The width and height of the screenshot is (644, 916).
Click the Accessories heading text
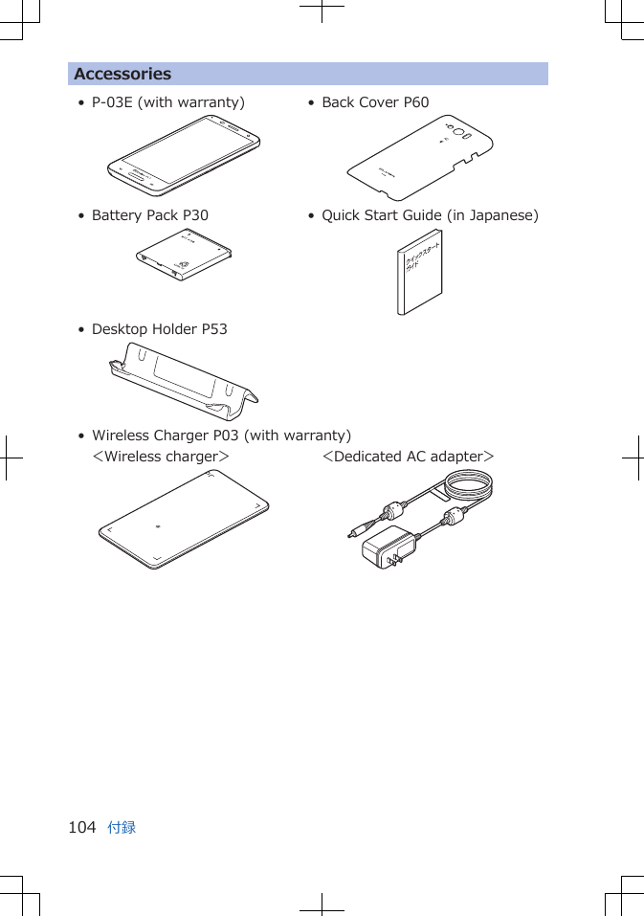(122, 74)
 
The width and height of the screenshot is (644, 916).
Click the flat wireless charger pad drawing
(184, 518)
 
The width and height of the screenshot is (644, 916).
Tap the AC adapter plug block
(389, 547)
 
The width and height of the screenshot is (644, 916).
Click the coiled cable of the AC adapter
(465, 489)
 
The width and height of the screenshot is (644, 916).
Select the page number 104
(82, 827)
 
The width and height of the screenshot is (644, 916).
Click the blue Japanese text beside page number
(122, 827)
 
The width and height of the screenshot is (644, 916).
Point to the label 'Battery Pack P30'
(149, 215)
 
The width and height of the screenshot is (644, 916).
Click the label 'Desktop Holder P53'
(159, 329)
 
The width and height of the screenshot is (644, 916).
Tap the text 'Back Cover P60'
(375, 102)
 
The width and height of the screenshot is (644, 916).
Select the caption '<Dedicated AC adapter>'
(409, 457)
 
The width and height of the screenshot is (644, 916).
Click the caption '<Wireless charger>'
(161, 457)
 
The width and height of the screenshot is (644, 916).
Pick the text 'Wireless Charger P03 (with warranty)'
(221, 436)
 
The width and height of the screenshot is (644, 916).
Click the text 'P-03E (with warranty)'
(167, 102)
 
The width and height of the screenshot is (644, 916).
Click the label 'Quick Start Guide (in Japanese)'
(430, 215)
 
